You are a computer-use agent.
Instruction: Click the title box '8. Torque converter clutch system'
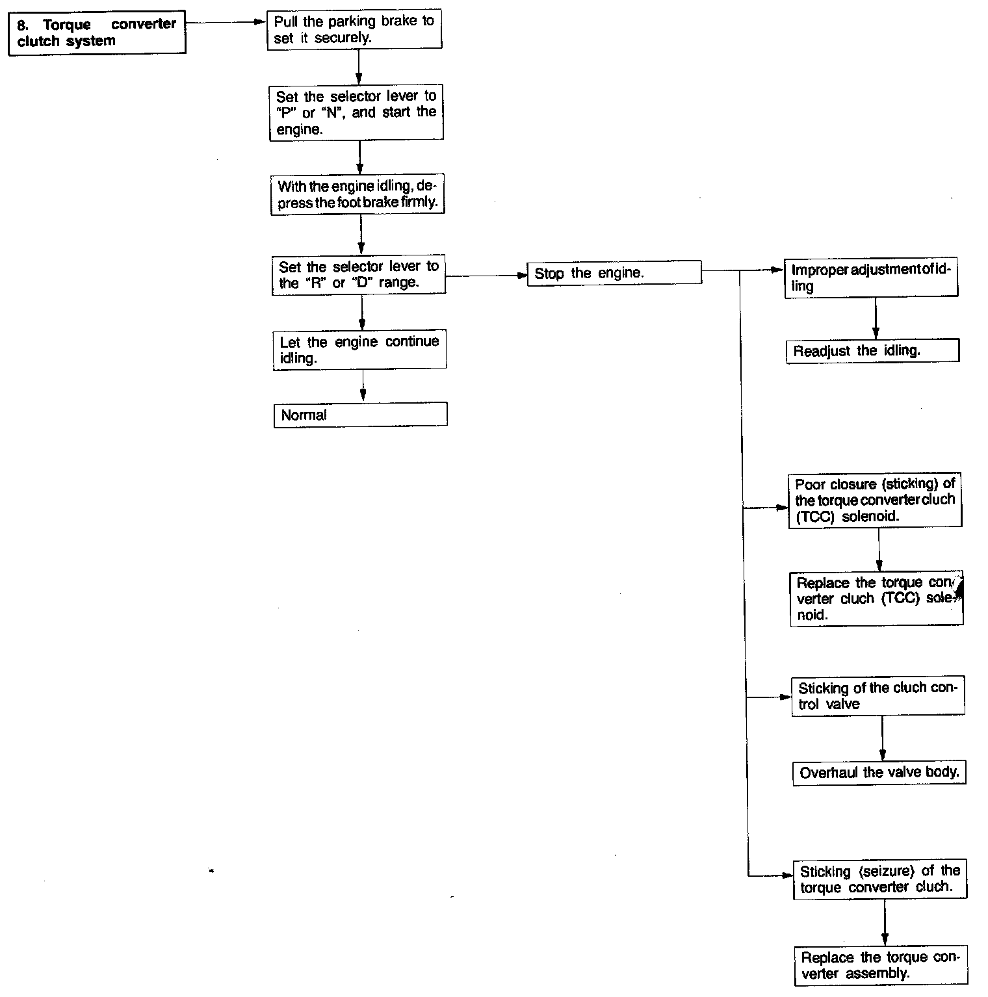pyautogui.click(x=97, y=32)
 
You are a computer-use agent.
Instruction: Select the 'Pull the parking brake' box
pyautogui.click(x=354, y=30)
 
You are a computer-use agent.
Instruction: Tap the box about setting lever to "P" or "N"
pyautogui.click(x=356, y=112)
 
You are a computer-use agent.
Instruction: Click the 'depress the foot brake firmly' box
pyautogui.click(x=357, y=194)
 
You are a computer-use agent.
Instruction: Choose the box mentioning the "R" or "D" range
pyautogui.click(x=358, y=275)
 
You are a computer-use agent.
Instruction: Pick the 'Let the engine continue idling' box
pyautogui.click(x=359, y=350)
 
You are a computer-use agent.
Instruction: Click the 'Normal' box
pyautogui.click(x=360, y=415)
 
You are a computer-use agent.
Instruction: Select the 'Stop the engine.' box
pyautogui.click(x=614, y=273)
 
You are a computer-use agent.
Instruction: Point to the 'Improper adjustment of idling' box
pyautogui.click(x=871, y=279)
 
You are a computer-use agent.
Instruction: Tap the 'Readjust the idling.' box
pyautogui.click(x=872, y=351)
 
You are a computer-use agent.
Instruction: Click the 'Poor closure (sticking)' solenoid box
pyautogui.click(x=875, y=500)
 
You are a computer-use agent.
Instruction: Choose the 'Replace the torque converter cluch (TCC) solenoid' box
pyautogui.click(x=876, y=599)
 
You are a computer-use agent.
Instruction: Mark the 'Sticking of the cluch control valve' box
pyautogui.click(x=877, y=696)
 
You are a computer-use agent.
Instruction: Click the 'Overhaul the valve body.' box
pyautogui.click(x=879, y=773)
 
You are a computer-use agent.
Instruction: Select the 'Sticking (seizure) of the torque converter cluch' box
pyautogui.click(x=879, y=880)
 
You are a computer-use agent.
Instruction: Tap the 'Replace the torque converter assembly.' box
pyautogui.click(x=881, y=965)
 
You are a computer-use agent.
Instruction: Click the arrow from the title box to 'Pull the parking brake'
pyautogui.click(x=226, y=21)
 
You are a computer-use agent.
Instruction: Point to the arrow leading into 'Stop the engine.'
pyautogui.click(x=486, y=276)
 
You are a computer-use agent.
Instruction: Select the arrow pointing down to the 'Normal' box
pyautogui.click(x=363, y=385)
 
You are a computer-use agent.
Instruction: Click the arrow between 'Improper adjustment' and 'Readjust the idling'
pyautogui.click(x=876, y=319)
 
